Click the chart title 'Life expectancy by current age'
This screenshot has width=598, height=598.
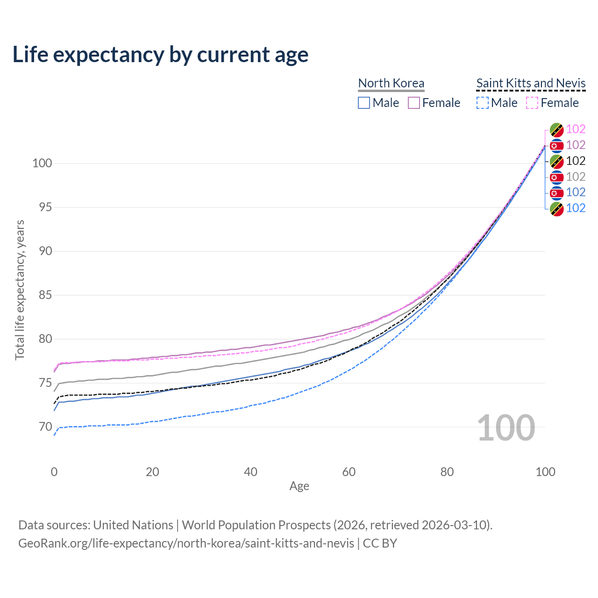pyautogui.click(x=160, y=54)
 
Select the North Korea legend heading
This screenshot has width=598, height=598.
pyautogui.click(x=391, y=83)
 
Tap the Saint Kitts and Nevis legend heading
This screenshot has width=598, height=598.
pyautogui.click(x=531, y=83)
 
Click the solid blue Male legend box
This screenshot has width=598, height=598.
pyautogui.click(x=364, y=103)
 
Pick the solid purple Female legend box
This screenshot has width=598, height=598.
pyautogui.click(x=414, y=103)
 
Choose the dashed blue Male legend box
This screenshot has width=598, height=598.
pyautogui.click(x=483, y=103)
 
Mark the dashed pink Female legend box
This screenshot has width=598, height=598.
pyautogui.click(x=532, y=103)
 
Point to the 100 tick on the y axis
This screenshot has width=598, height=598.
pyautogui.click(x=42, y=164)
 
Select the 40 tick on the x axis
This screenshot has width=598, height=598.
pyautogui.click(x=251, y=472)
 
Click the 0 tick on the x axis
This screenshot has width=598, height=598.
pyautogui.click(x=54, y=472)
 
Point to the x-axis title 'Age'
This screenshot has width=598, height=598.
pyautogui.click(x=299, y=486)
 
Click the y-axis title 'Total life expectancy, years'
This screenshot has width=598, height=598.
pyautogui.click(x=20, y=290)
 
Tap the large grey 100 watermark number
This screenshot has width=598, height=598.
pyautogui.click(x=506, y=428)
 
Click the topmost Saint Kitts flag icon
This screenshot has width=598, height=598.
pyautogui.click(x=556, y=129)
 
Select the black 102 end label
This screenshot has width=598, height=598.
pyautogui.click(x=576, y=161)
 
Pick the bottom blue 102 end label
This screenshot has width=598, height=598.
pyautogui.click(x=576, y=208)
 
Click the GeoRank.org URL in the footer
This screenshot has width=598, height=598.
pyautogui.click(x=186, y=543)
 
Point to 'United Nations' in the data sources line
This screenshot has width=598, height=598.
pyautogui.click(x=133, y=525)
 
